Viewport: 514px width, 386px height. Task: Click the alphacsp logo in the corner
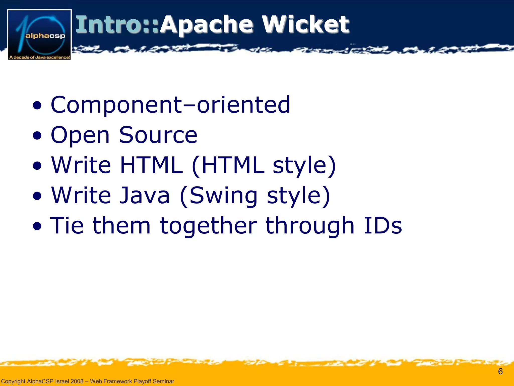pos(39,34)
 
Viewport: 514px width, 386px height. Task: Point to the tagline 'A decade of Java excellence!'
pos(39,57)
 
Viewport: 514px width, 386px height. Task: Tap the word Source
pos(158,135)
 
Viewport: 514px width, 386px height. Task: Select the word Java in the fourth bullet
pos(145,195)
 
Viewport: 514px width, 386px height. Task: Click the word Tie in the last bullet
pos(67,225)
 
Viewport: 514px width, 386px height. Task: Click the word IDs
pos(383,225)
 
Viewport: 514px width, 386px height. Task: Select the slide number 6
pos(500,371)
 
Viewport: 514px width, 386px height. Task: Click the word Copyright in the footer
pos(13,381)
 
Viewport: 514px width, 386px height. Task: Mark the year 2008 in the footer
pos(77,381)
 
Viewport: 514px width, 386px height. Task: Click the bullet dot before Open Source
pos(37,136)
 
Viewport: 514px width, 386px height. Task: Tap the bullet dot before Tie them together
pos(37,226)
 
